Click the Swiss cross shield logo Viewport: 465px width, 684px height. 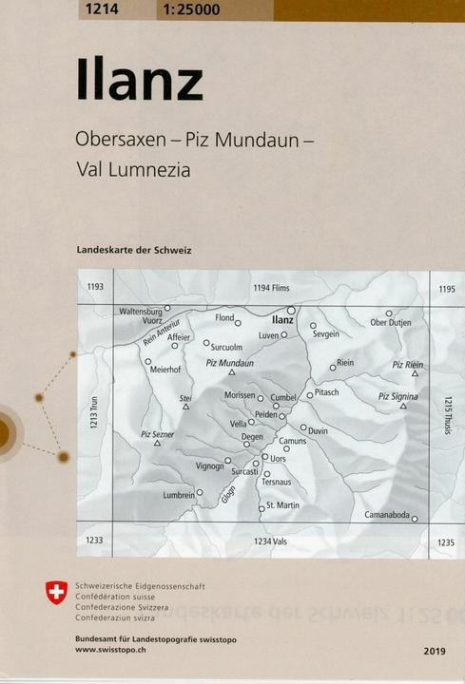(x=56, y=593)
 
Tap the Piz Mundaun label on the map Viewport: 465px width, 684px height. (x=230, y=363)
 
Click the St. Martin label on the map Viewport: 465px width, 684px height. (x=282, y=505)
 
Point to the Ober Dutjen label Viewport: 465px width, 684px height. (x=390, y=323)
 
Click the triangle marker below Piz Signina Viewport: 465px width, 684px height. (x=403, y=406)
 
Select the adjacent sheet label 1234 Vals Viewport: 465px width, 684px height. (x=270, y=541)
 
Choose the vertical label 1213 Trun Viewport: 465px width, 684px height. (x=95, y=416)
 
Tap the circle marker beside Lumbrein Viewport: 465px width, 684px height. (x=201, y=493)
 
